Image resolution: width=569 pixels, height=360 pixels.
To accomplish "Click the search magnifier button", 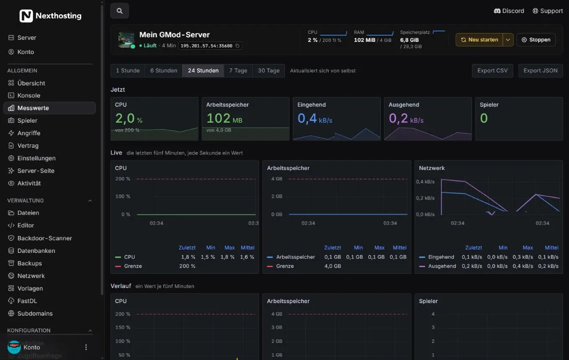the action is (119, 11).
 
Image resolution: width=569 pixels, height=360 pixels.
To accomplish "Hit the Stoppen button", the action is (536, 40).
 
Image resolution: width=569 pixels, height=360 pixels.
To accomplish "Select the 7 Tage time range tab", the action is (238, 70).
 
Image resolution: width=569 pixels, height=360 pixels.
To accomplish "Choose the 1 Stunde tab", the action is (128, 70).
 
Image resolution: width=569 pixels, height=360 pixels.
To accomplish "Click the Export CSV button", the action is (492, 70).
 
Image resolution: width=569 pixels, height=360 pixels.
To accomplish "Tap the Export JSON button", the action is (540, 70).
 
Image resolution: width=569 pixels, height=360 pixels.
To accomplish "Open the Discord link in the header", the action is (509, 11).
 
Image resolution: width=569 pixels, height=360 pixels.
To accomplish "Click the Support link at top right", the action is (548, 11).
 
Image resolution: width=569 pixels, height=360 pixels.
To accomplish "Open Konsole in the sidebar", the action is (29, 95).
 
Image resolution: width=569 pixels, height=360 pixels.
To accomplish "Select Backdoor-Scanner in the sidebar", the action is (44, 238).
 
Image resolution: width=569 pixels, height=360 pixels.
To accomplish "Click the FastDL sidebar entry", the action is (27, 301).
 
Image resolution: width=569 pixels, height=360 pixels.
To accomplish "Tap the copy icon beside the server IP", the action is (237, 46).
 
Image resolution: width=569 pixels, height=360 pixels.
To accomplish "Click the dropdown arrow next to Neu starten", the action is (508, 40).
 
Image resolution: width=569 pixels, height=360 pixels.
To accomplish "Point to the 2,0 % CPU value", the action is (128, 118).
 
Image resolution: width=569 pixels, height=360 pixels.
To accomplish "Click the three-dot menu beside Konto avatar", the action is (86, 347).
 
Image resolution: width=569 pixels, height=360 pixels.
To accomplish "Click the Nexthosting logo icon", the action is (26, 16).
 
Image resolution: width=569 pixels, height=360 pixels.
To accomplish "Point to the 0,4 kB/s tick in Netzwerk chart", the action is (425, 182).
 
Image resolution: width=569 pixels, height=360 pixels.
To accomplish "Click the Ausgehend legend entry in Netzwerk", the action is (438, 266).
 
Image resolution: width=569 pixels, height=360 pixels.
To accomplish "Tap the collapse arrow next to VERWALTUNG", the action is (90, 201).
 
